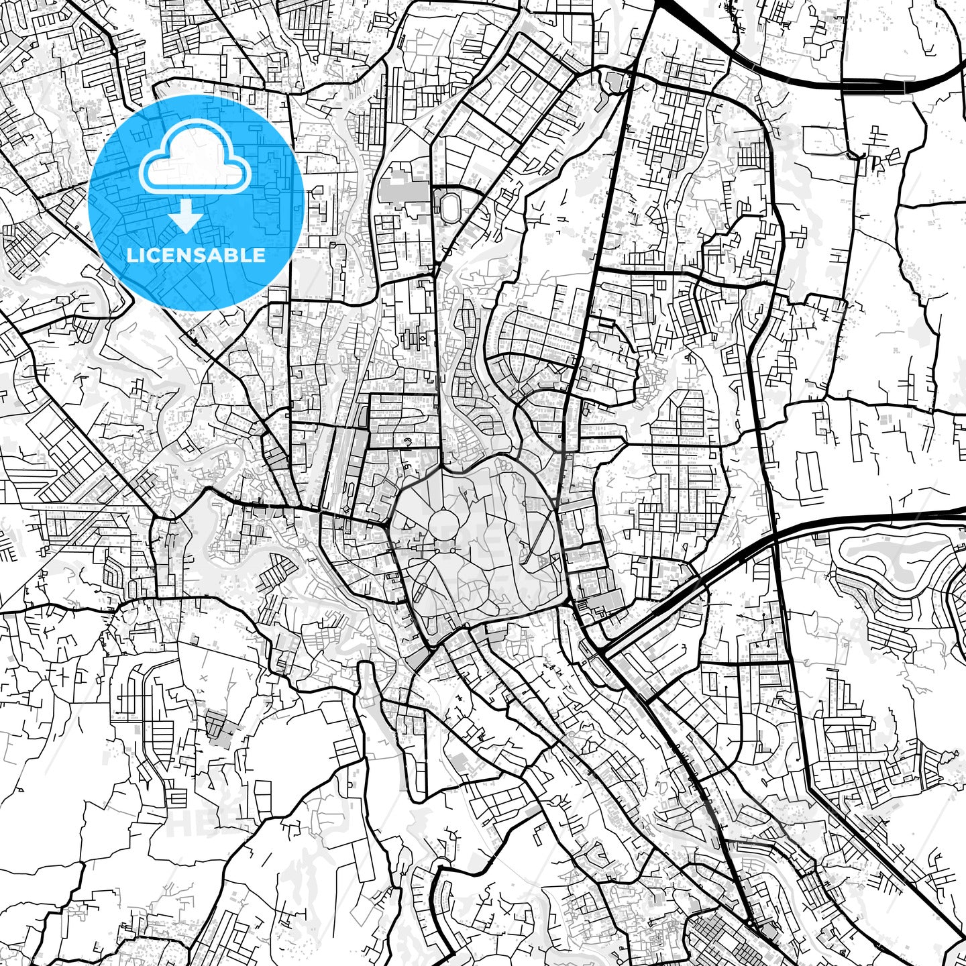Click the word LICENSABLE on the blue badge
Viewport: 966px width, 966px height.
point(196,255)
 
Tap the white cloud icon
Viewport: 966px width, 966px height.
point(195,161)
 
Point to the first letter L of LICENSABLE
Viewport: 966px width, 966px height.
point(130,255)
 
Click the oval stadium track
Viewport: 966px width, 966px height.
point(447,205)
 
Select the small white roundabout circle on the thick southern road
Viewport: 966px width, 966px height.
point(749,924)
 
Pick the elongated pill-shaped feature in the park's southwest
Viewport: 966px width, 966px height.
point(420,590)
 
